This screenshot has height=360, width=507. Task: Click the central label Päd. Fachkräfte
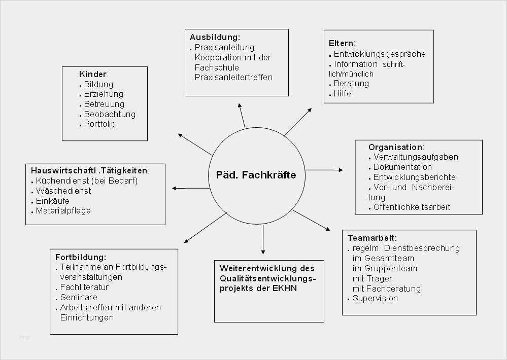[256, 175]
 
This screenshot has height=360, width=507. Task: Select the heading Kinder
[93, 74]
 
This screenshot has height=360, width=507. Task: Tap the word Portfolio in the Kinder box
[100, 124]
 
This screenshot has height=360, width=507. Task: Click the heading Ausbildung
[214, 37]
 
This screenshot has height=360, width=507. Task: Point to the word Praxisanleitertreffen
[233, 77]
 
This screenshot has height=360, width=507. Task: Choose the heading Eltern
[341, 43]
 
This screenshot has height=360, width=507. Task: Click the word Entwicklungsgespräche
[380, 54]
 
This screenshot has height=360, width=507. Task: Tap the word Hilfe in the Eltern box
[343, 93]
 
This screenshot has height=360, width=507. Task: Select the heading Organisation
[395, 147]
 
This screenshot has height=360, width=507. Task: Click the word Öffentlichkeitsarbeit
[412, 207]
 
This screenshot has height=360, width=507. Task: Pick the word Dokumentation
[402, 167]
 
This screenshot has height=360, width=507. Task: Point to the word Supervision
[375, 298]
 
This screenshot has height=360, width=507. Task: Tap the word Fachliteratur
[84, 287]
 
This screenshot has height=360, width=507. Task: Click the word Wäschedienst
[63, 191]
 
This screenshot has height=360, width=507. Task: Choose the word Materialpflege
[63, 211]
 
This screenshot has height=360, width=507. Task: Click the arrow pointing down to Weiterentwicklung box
[263, 239]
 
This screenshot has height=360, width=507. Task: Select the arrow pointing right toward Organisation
[324, 170]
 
